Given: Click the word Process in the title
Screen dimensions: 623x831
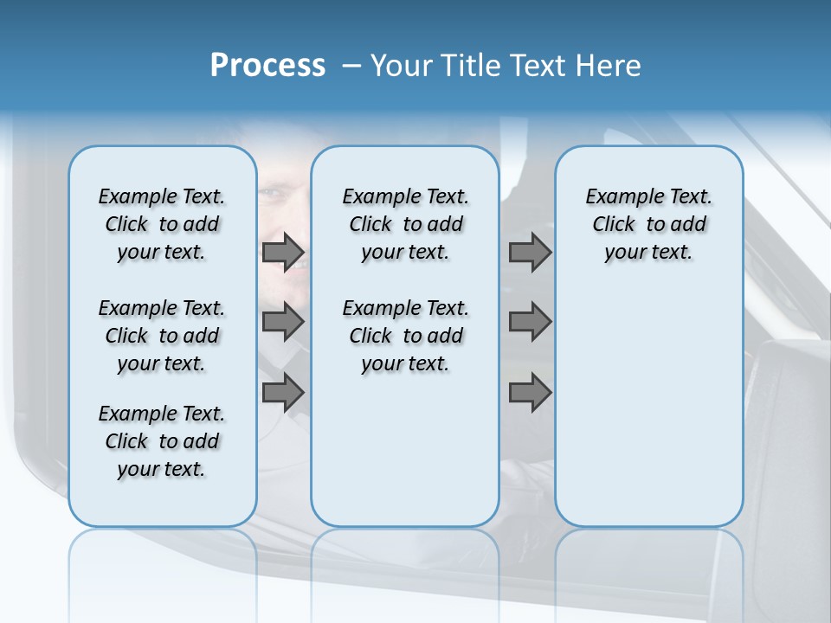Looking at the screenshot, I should pyautogui.click(x=267, y=65).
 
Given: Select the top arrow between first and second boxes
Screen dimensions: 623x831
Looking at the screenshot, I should pyautogui.click(x=283, y=253).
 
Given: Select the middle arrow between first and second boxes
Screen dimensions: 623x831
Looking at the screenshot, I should pyautogui.click(x=283, y=322).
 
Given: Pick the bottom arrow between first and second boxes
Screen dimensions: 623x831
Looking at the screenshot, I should pyautogui.click(x=283, y=393).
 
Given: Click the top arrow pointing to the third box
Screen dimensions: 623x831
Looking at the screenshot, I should pyautogui.click(x=530, y=253).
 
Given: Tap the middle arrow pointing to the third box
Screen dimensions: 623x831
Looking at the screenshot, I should pyautogui.click(x=530, y=322).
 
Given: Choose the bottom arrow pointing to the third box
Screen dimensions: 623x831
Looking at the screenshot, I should pyautogui.click(x=530, y=393).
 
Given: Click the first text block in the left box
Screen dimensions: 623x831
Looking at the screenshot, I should pyautogui.click(x=162, y=224).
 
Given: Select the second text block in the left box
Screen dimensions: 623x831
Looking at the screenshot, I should pyautogui.click(x=162, y=336).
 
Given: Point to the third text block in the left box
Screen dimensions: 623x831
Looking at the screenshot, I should pyautogui.click(x=162, y=441).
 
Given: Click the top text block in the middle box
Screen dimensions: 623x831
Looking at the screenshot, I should pyautogui.click(x=405, y=224).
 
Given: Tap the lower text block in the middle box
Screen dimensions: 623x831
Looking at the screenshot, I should pyautogui.click(x=405, y=336).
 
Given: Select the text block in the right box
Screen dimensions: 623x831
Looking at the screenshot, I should pyautogui.click(x=648, y=224).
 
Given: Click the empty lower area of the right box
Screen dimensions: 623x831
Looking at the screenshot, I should pyautogui.click(x=648, y=407).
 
